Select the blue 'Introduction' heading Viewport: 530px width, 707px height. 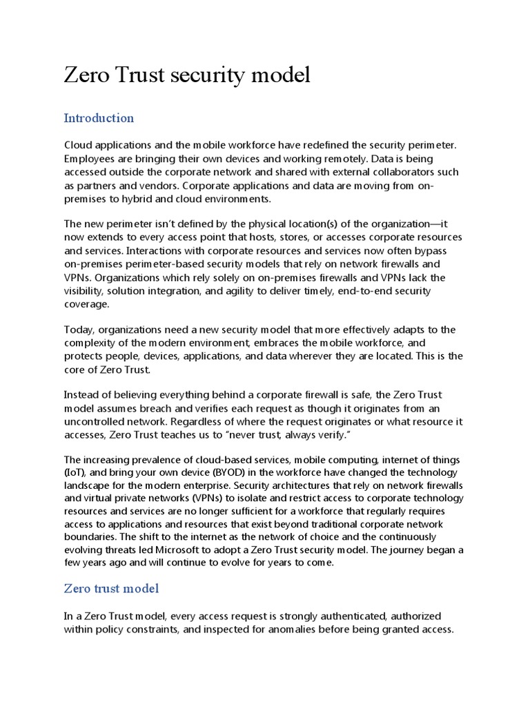[x=99, y=118]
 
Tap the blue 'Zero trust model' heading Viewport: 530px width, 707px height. [x=111, y=588]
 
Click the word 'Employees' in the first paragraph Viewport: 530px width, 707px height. [x=90, y=158]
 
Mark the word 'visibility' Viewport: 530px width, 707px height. [x=86, y=291]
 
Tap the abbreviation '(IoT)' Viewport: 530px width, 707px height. [x=75, y=472]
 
